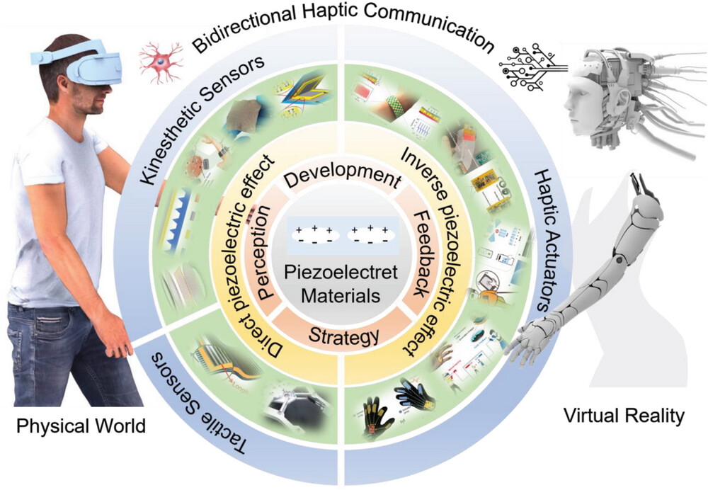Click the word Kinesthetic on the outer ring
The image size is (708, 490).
point(156,152)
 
